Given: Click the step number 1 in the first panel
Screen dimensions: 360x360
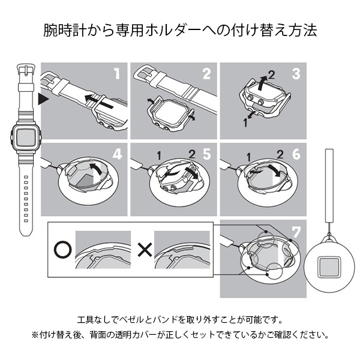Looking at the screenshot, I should click(118, 74).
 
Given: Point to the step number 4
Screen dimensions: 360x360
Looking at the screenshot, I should click(118, 154).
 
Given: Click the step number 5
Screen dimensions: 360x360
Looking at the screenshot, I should click(206, 154).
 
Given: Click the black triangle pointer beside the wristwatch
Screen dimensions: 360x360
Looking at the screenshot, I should click(43, 100).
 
